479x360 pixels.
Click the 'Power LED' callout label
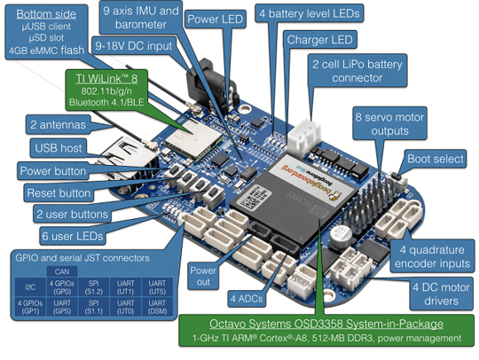point(216,19)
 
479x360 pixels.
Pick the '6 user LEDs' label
point(71,234)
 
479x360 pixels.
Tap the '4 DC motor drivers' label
point(440,294)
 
